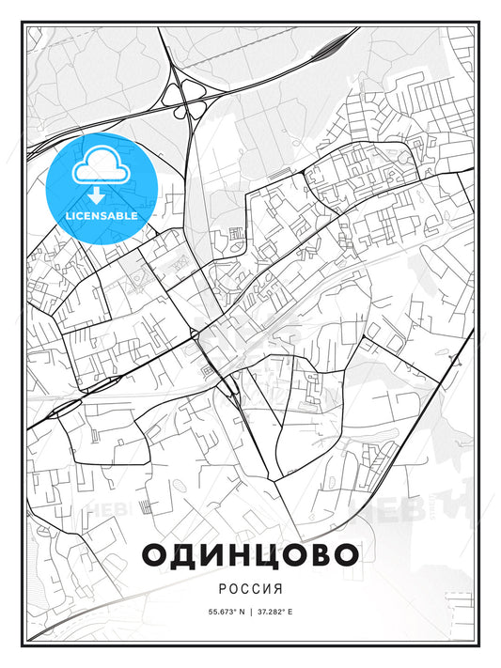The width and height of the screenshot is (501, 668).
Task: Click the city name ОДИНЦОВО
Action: point(250,554)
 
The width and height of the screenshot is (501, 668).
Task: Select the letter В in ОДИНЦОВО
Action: point(319,554)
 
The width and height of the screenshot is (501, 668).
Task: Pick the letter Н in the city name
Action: point(239,554)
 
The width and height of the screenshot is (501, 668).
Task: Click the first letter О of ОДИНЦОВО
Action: point(157,554)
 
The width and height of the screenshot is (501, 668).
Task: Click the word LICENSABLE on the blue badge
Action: point(102,215)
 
